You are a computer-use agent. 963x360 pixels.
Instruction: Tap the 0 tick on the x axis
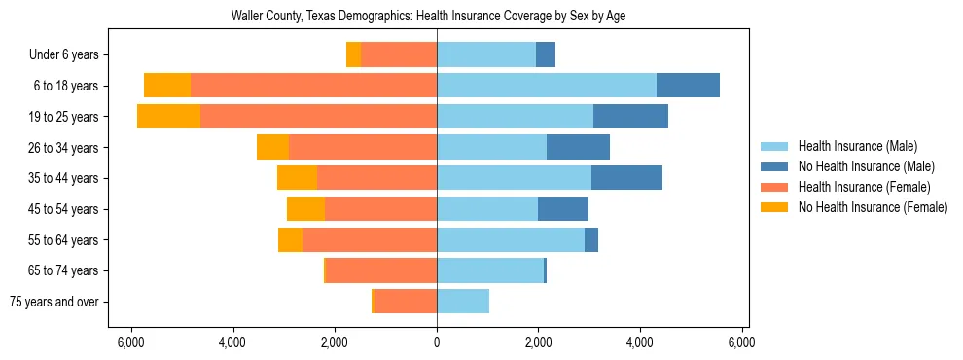click(437, 342)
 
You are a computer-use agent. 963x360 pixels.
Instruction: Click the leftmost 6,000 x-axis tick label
click(130, 342)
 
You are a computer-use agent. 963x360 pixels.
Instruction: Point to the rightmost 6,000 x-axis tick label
click(742, 342)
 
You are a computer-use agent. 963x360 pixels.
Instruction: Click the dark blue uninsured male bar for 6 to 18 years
click(688, 86)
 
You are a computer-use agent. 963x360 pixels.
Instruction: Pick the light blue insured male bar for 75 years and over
click(463, 302)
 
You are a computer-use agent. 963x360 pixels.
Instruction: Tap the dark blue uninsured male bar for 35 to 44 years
click(626, 178)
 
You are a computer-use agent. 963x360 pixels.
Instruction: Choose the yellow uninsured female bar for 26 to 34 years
click(272, 147)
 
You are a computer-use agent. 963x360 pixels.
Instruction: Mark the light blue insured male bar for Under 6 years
click(486, 55)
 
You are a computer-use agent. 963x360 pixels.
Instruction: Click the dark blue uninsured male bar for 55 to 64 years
click(591, 239)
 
